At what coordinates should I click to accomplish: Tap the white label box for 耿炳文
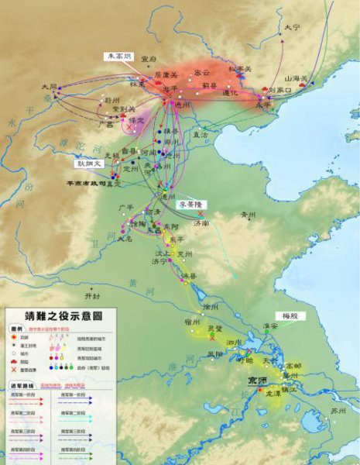click(x=88, y=164)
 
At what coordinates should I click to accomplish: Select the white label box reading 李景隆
click(x=190, y=205)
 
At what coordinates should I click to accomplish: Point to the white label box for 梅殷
click(x=290, y=316)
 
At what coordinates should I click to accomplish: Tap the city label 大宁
click(x=291, y=27)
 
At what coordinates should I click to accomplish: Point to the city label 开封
click(x=93, y=296)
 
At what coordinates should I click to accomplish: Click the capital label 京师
click(x=256, y=380)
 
